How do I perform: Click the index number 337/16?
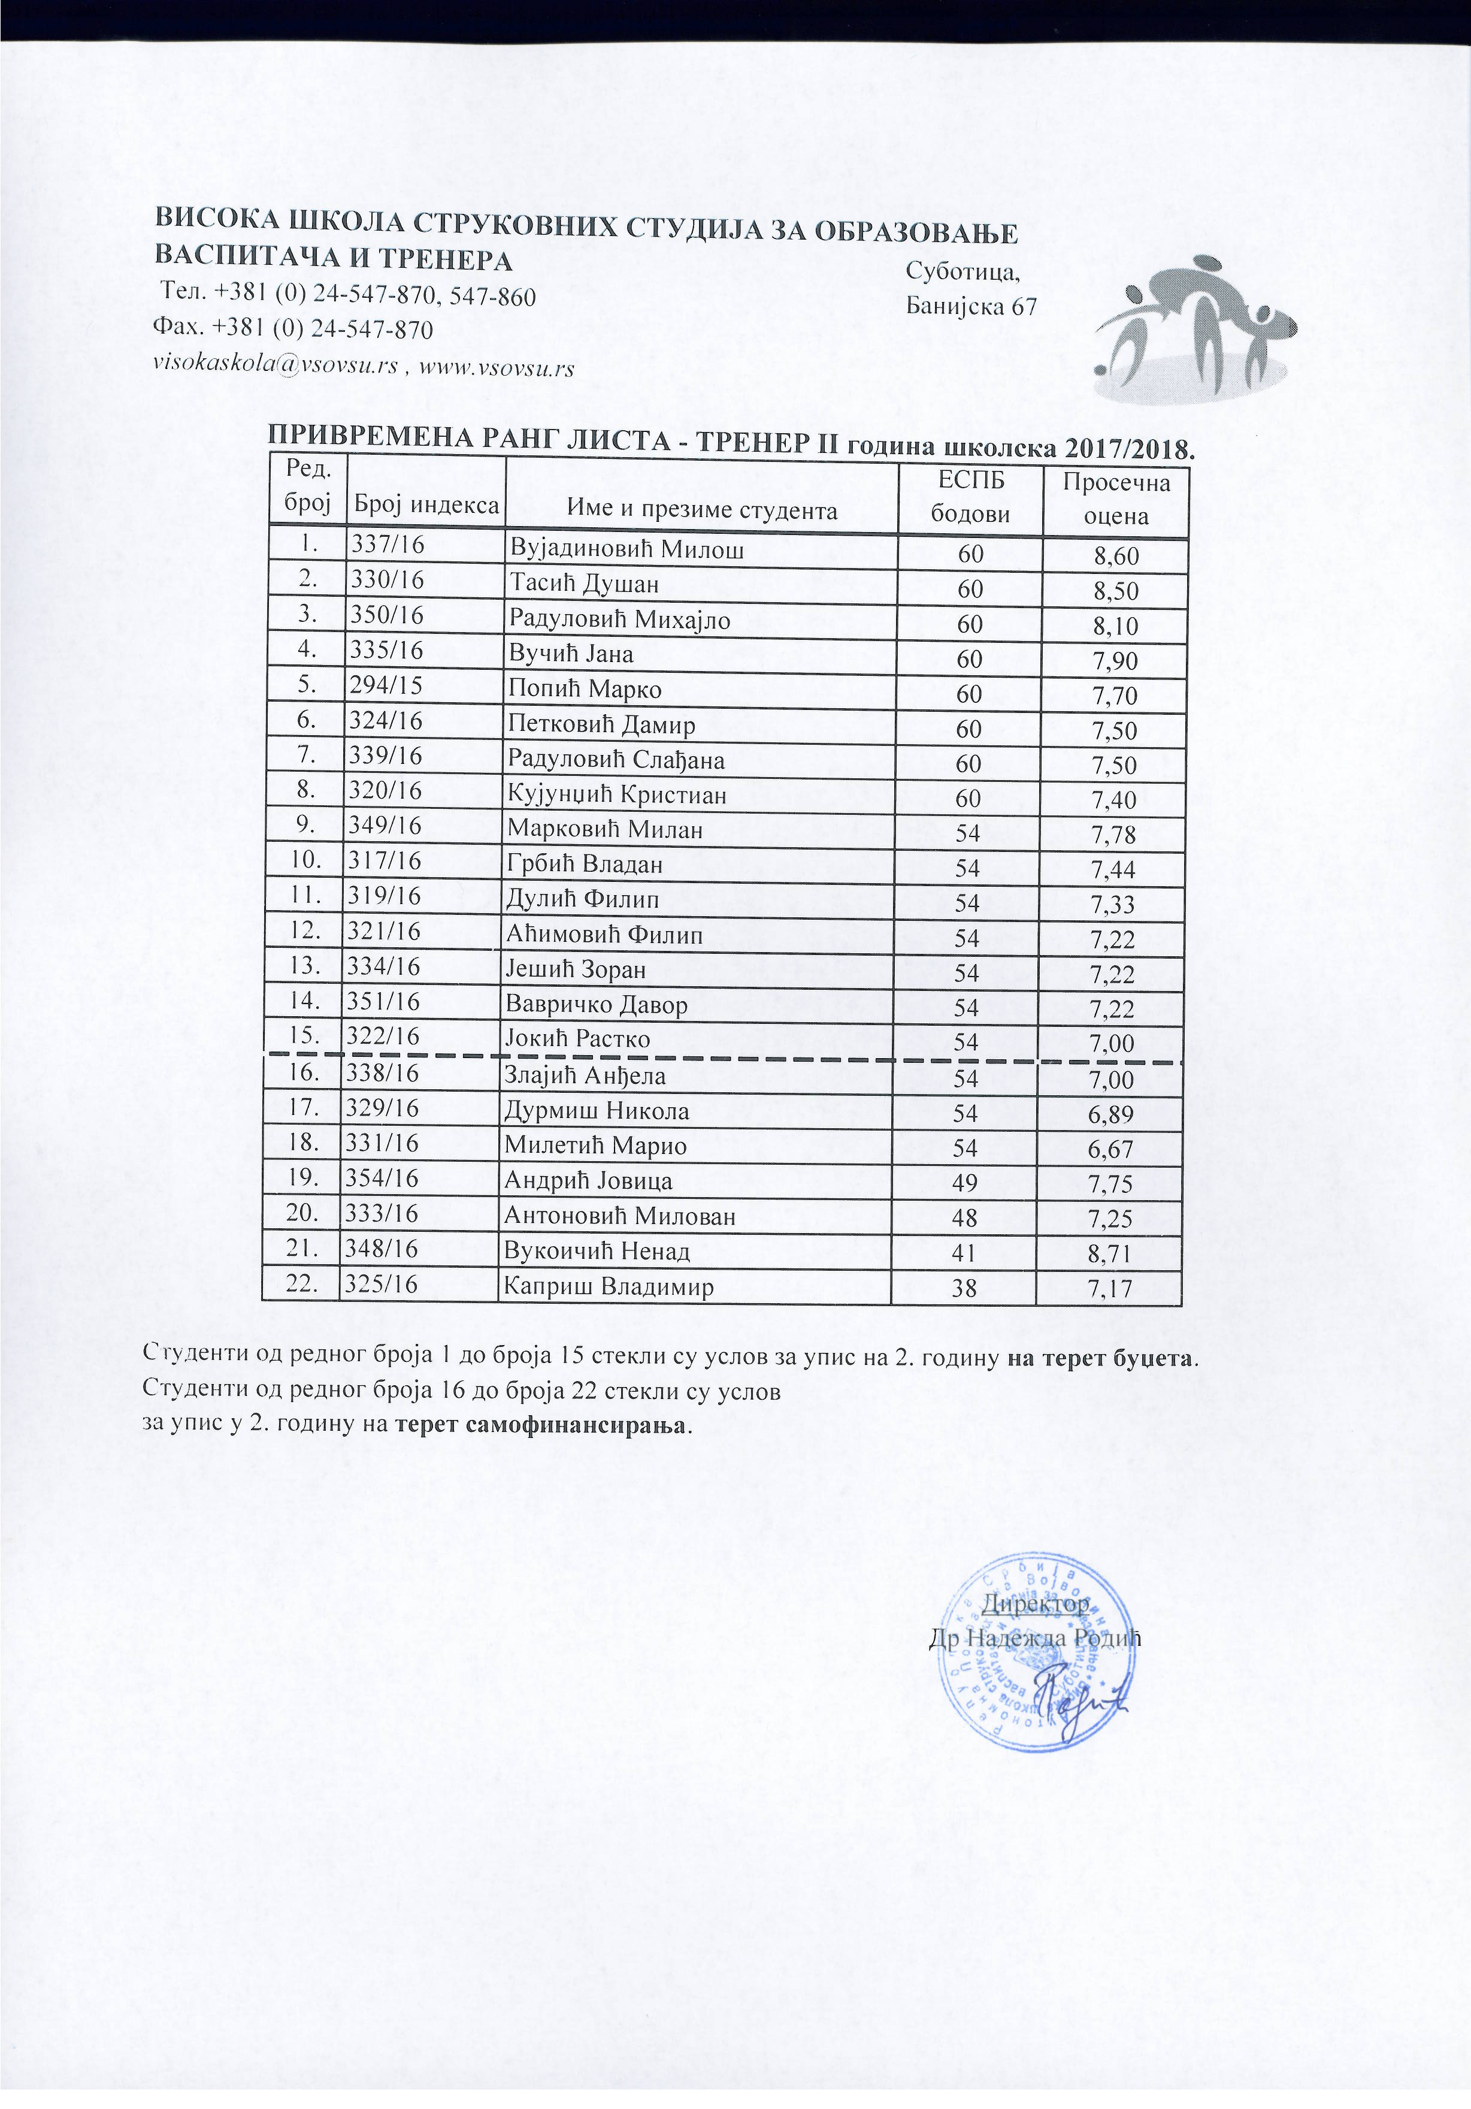386,545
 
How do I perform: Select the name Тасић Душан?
584,584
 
